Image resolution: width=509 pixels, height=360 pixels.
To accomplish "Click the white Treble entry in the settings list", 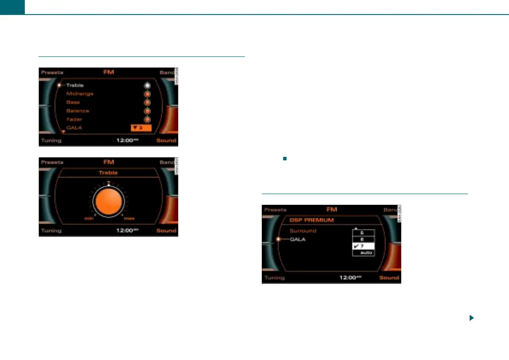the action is point(75,86).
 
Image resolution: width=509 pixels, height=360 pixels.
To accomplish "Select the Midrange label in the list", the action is point(80,94).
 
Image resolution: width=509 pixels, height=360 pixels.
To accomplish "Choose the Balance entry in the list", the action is point(77,111).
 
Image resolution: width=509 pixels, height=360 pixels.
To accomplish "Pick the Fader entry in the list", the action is point(74,119).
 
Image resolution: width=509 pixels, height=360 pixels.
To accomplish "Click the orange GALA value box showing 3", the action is point(141,128).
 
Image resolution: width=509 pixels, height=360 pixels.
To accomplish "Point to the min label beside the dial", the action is point(89,218).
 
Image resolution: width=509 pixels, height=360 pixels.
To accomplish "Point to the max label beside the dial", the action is point(129,218).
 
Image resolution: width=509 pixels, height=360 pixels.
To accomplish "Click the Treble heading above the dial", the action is point(108,173).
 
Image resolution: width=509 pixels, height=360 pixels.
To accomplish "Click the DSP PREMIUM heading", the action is point(311,221).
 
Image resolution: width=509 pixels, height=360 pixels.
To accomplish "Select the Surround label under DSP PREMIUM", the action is point(303,231).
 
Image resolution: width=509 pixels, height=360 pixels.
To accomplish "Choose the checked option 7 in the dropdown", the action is point(364,246).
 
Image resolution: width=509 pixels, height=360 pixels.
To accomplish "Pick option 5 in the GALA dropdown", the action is point(364,233).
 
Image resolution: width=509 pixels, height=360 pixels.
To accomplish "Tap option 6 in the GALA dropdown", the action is point(364,239).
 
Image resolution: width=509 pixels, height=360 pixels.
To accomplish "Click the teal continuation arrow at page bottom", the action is point(471,318).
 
